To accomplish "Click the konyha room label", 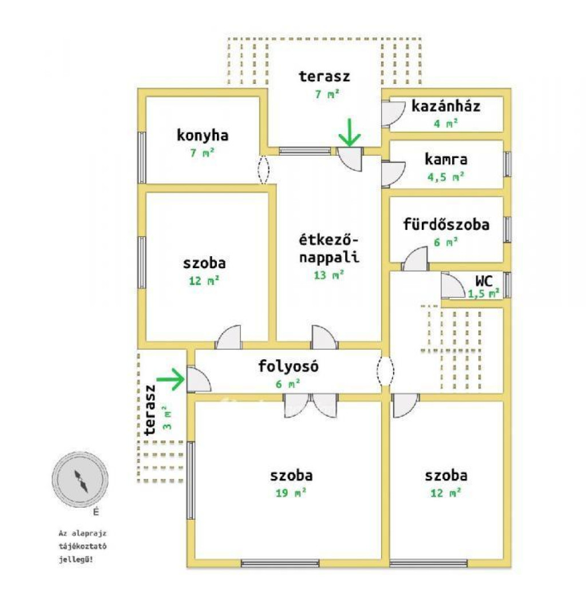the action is coord(203,135).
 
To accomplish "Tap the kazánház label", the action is coord(446,106).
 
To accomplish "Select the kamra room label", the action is coord(446,159).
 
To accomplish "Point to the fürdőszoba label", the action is coord(446,224).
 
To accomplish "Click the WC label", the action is coord(484,281).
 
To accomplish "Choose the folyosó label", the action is coord(288,366).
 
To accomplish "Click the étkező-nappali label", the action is coord(328,248).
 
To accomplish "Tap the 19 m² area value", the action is coord(291,493).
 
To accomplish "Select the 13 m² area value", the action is coord(328,275).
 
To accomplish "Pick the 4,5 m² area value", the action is coord(446,176).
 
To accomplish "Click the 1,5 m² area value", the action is coord(484,293).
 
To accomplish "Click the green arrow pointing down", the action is coord(350,132).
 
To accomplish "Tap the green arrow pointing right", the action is coord(170,379).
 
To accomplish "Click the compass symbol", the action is coord(80,480).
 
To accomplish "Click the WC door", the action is coord(453,285).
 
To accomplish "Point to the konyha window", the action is coord(142,157).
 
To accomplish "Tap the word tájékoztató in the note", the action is coord(82,546).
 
